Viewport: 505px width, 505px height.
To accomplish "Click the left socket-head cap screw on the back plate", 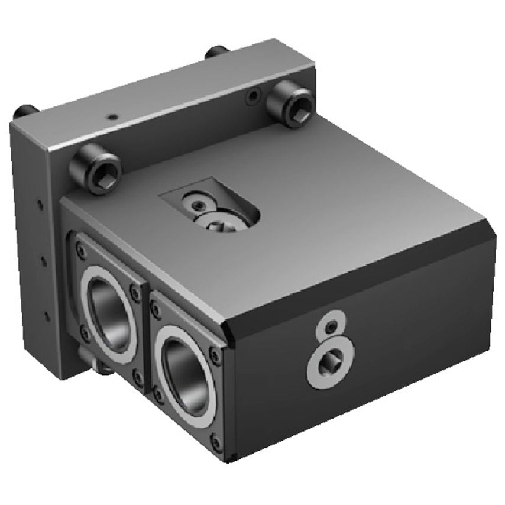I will tap(96, 170).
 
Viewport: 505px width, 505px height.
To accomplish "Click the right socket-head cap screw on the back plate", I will tap(289, 105).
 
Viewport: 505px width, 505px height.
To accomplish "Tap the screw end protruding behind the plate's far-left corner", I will tap(25, 110).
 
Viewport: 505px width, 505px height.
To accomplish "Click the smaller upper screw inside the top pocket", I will tap(196, 204).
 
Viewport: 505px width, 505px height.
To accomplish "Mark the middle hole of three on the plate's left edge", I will tap(43, 258).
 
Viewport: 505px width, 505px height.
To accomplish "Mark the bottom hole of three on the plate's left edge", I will tap(47, 315).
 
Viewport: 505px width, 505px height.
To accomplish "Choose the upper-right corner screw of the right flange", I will tap(215, 357).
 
